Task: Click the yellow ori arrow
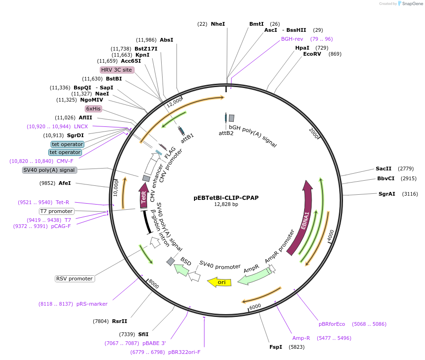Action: click(219, 282)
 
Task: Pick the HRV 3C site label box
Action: click(117, 70)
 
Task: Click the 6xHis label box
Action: click(93, 109)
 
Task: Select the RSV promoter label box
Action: click(75, 279)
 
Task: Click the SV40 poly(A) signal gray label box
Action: click(49, 170)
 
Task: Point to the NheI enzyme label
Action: click(218, 24)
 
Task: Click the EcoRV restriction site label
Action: click(312, 54)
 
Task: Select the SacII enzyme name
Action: click(383, 169)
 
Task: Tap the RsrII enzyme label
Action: click(119, 321)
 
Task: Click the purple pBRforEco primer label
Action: click(332, 324)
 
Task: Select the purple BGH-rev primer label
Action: click(292, 39)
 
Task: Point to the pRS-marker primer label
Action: click(92, 304)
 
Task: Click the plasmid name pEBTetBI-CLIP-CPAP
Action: click(226, 198)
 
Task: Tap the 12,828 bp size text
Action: click(226, 204)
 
